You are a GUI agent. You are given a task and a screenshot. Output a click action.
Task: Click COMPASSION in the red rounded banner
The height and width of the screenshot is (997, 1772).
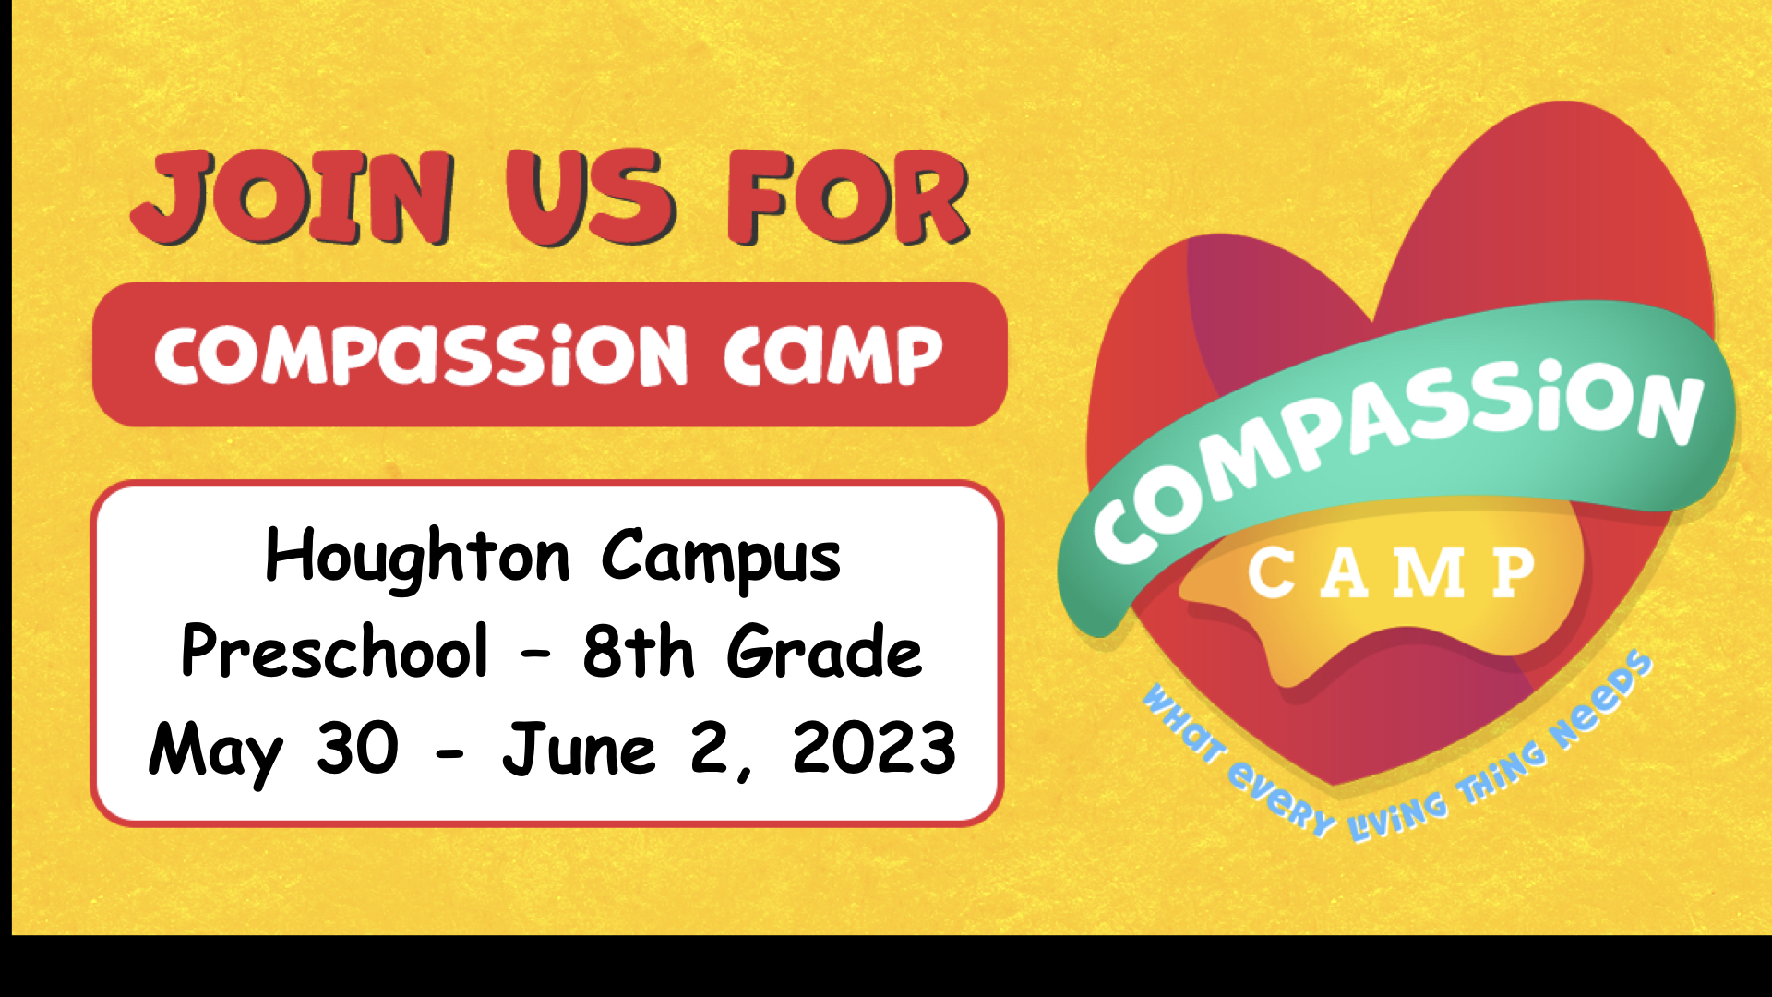pos(421,354)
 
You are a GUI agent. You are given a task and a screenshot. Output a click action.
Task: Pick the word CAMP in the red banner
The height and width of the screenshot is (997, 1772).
pos(833,354)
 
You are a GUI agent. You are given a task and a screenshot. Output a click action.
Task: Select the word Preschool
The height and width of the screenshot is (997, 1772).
pos(334,651)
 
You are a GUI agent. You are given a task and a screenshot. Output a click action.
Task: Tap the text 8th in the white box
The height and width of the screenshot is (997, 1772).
pos(638,651)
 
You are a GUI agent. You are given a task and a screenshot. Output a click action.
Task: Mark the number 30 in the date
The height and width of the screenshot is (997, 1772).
pos(357,747)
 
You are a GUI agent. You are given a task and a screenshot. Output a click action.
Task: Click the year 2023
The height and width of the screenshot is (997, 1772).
pos(874,747)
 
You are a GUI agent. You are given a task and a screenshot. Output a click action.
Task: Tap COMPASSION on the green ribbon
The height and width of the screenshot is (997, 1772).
pos(1398,457)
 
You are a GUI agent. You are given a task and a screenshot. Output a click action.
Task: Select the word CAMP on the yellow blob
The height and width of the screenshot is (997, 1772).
pos(1392,572)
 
